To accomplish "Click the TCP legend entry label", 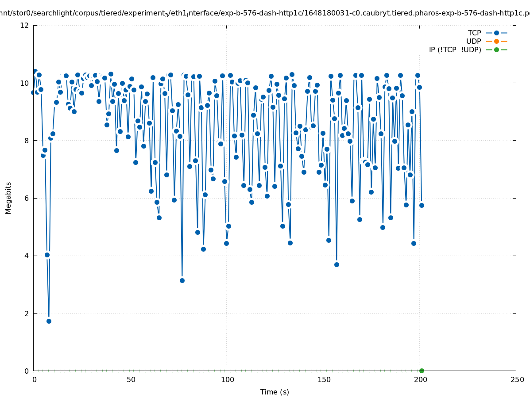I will pyautogui.click(x=474, y=33).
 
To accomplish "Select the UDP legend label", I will pyautogui.click(x=473, y=41).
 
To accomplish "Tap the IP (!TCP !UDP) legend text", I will pyautogui.click(x=455, y=50).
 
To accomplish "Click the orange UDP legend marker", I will pyautogui.click(x=496, y=41).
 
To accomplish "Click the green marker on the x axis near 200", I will pyautogui.click(x=422, y=371).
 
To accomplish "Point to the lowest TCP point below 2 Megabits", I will pyautogui.click(x=49, y=321).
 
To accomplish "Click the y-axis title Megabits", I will pyautogui.click(x=8, y=198).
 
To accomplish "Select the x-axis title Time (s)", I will pyautogui.click(x=275, y=392).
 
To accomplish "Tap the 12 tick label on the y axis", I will pyautogui.click(x=25, y=25).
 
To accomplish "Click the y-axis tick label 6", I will pyautogui.click(x=27, y=198).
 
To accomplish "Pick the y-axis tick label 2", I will pyautogui.click(x=27, y=313).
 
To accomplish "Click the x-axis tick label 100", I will pyautogui.click(x=227, y=379).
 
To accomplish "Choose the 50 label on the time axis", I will pyautogui.click(x=131, y=379).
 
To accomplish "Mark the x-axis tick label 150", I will pyautogui.click(x=324, y=379).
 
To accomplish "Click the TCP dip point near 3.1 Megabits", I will pyautogui.click(x=182, y=280).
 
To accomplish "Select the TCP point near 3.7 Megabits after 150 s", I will pyautogui.click(x=337, y=264).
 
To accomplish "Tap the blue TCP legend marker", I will pyautogui.click(x=496, y=33).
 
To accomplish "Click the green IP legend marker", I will pyautogui.click(x=496, y=50).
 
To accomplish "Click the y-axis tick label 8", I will pyautogui.click(x=27, y=141).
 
